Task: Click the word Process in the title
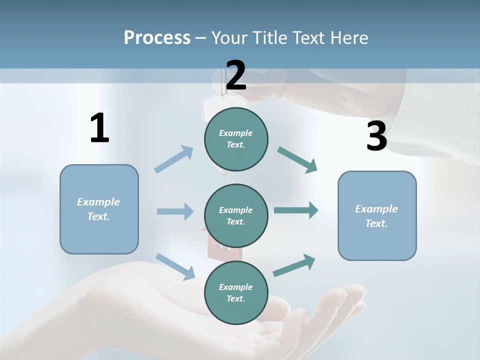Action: (157, 37)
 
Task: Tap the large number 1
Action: (99, 128)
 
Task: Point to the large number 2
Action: (236, 75)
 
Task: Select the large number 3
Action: (376, 136)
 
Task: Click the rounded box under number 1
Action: (99, 209)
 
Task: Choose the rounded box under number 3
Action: (377, 215)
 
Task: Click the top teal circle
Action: (236, 139)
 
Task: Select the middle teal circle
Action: (236, 215)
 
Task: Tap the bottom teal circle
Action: (236, 292)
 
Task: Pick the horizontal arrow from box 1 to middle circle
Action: (175, 211)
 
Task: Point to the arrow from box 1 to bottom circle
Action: (175, 266)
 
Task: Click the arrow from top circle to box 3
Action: (297, 160)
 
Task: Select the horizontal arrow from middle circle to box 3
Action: (296, 210)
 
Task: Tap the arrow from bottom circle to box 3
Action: (294, 265)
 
